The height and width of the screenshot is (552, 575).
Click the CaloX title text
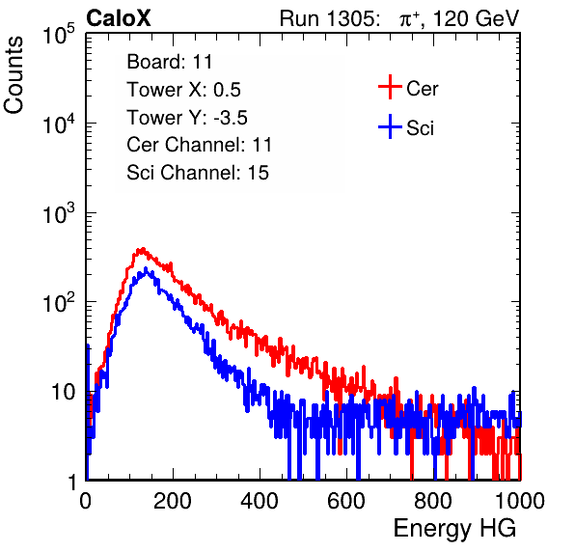click(x=119, y=18)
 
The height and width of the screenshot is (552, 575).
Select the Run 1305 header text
click(x=329, y=18)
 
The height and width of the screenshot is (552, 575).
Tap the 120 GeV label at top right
click(x=477, y=18)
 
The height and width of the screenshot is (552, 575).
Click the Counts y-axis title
click(x=14, y=75)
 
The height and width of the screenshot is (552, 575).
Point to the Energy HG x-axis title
click(x=454, y=529)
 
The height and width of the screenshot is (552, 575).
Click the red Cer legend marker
click(x=390, y=87)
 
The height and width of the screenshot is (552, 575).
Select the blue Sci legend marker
click(x=390, y=127)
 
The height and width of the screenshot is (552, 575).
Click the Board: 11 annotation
click(x=170, y=62)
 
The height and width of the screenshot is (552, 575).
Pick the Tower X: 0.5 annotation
click(x=183, y=90)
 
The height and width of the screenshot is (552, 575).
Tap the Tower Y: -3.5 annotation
click(x=187, y=118)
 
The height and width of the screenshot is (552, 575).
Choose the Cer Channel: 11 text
click(x=199, y=145)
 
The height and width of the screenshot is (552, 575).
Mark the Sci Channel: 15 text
click(x=198, y=173)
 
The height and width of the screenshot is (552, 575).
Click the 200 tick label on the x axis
click(x=173, y=501)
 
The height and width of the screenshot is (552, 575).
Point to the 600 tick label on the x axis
click(x=346, y=501)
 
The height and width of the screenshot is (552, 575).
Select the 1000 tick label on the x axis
click(x=520, y=501)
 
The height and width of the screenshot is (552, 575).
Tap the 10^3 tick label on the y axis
click(x=59, y=213)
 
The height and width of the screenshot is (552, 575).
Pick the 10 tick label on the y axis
click(x=64, y=393)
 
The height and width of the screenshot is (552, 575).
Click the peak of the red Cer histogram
click(x=142, y=250)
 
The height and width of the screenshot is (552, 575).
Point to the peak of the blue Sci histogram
click(x=146, y=269)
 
